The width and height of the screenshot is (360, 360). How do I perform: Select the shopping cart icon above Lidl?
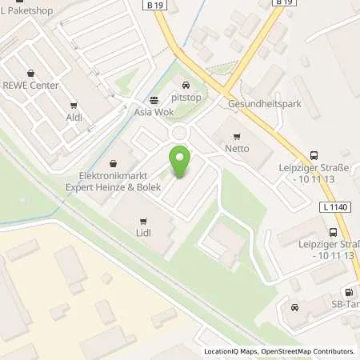(144, 218)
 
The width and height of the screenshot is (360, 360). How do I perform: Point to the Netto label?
(238, 148)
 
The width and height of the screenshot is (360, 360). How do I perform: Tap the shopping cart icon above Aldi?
(74, 104)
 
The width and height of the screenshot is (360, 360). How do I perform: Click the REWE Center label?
(26, 85)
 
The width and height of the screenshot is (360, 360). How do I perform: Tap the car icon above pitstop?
(186, 84)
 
